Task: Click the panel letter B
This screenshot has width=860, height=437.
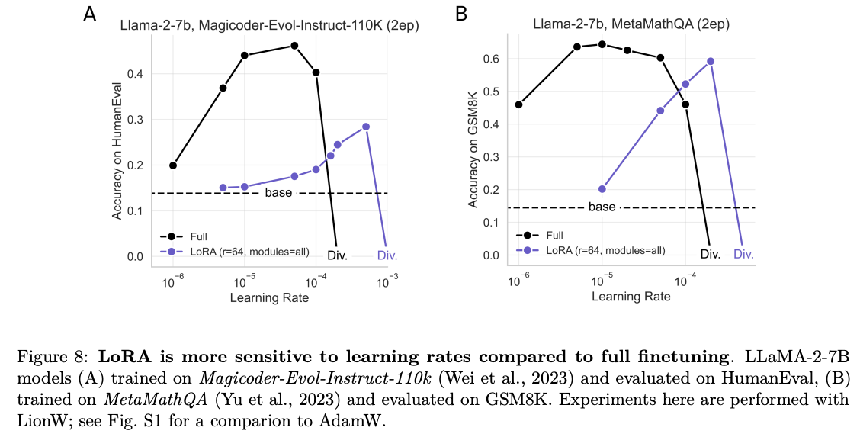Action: point(460,13)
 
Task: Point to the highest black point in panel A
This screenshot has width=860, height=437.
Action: point(294,46)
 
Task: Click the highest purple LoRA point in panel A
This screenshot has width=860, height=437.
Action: point(366,127)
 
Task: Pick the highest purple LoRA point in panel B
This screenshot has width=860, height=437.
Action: point(711,61)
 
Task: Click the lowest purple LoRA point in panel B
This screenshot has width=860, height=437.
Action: point(602,189)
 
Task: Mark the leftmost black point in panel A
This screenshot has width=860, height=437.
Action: point(173,165)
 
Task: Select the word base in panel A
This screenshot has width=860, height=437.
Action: point(278,193)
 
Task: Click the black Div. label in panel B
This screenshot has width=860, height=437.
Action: point(710,254)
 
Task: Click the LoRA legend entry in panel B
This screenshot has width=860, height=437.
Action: point(590,249)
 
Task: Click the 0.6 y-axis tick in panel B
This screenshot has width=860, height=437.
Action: point(493,59)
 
